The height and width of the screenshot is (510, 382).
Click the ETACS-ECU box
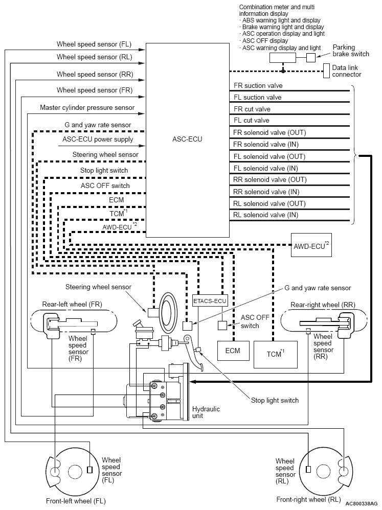coord(210,301)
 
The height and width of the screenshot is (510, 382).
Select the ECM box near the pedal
coord(233,351)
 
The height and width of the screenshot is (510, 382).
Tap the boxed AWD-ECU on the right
coord(311,245)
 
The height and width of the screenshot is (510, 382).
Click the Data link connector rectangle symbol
coord(326,71)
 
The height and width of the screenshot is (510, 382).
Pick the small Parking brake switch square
coord(311,58)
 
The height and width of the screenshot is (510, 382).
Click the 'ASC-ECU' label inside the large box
coord(187,139)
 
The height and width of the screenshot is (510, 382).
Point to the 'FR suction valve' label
coord(258,85)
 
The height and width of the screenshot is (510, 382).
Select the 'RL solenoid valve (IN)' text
coord(266,215)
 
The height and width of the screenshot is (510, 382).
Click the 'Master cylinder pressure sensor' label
coord(87,108)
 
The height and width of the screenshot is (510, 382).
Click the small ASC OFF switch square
coord(222,326)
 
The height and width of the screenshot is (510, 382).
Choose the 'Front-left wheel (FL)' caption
coord(76,501)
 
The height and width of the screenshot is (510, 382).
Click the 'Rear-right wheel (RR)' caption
coord(323,305)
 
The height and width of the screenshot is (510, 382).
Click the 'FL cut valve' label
coord(252,120)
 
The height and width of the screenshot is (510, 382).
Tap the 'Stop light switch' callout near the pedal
coord(275,401)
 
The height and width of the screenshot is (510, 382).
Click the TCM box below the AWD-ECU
coord(276,354)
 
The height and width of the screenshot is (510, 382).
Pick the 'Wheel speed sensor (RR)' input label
coord(95,74)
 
